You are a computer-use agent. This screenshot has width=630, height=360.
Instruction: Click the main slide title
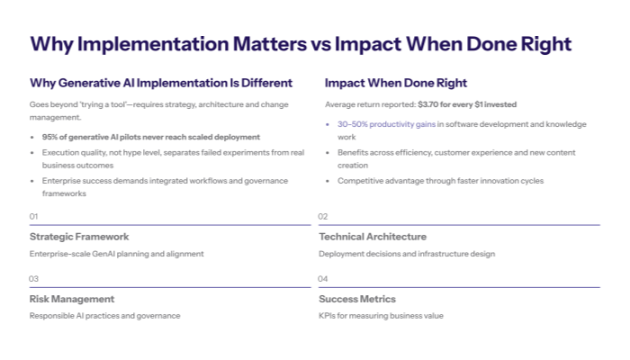pos(301,44)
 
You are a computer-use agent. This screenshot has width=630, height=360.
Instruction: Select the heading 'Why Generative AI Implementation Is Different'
pos(161,83)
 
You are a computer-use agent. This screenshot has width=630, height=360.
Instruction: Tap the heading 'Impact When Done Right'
pos(396,83)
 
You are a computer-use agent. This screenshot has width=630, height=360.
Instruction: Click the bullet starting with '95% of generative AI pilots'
pos(151,137)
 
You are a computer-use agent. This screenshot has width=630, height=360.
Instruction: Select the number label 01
pos(34,216)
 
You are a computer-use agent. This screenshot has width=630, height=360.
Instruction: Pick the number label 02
pos(323,216)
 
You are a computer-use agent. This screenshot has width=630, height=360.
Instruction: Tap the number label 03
pos(34,279)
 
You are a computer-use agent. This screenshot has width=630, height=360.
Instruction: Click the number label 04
pos(323,279)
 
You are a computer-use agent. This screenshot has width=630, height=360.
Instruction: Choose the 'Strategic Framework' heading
pos(79,237)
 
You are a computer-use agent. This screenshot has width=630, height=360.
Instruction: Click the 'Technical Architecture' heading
pos(373,237)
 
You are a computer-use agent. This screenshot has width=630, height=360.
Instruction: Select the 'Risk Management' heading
pos(72,299)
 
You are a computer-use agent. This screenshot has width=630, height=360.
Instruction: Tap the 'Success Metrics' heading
pos(357,299)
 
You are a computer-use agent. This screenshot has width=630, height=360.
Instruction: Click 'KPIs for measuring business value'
pos(381,316)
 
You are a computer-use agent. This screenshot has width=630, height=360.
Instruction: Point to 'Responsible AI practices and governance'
pos(104,316)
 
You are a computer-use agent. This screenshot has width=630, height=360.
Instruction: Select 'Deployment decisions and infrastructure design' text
pos(407,254)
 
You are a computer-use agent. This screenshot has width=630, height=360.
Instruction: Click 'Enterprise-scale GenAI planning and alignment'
pos(116,254)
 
